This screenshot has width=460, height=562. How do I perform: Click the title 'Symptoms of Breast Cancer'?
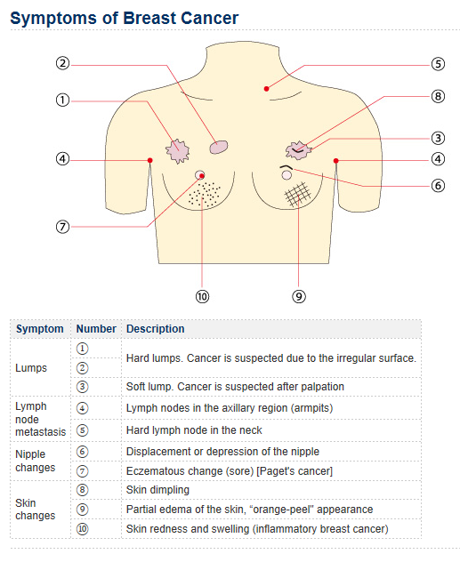tap(124, 19)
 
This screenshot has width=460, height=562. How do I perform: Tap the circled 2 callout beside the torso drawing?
tap(62, 63)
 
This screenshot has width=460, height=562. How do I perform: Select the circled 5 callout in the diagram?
tap(438, 64)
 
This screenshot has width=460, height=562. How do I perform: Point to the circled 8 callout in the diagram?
tap(438, 96)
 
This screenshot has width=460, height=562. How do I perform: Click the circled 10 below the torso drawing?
tap(202, 296)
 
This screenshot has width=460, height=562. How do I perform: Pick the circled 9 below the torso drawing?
tap(299, 296)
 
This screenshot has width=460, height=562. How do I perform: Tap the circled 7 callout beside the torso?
tap(62, 227)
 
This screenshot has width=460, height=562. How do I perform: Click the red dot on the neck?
tap(266, 89)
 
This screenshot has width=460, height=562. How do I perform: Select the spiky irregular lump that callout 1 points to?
tap(177, 151)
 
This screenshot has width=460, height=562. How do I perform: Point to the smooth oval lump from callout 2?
tap(219, 147)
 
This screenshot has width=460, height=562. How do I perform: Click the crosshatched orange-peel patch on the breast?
tap(298, 194)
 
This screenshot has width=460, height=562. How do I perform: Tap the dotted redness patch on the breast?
tap(205, 194)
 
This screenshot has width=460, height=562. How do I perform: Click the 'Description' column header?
tap(155, 329)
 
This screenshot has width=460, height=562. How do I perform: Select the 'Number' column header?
tap(96, 329)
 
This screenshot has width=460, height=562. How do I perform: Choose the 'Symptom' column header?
tap(40, 329)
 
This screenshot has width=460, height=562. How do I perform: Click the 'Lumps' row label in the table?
tap(31, 368)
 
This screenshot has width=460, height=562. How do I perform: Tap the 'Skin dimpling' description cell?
tap(157, 490)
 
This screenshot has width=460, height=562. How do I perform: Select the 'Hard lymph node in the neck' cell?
tap(194, 430)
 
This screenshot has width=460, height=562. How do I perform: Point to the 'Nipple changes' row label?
tap(35, 461)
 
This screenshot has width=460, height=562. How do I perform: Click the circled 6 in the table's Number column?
tap(82, 451)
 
